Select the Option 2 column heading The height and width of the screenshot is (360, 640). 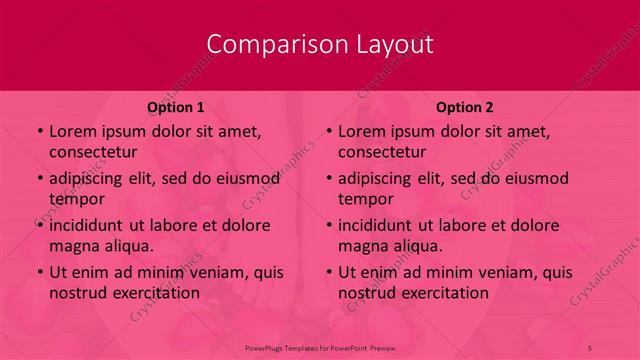465,106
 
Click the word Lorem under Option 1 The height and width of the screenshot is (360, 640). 72,131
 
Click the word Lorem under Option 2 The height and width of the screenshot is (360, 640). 361,131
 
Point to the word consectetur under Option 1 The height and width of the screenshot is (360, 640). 93,152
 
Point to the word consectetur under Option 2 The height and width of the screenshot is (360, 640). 382,152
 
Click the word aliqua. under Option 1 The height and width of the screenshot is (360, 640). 126,245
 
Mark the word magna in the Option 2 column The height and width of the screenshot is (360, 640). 361,245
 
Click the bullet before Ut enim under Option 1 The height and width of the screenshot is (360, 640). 39,272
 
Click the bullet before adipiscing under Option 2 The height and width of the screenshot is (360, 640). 328,179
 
